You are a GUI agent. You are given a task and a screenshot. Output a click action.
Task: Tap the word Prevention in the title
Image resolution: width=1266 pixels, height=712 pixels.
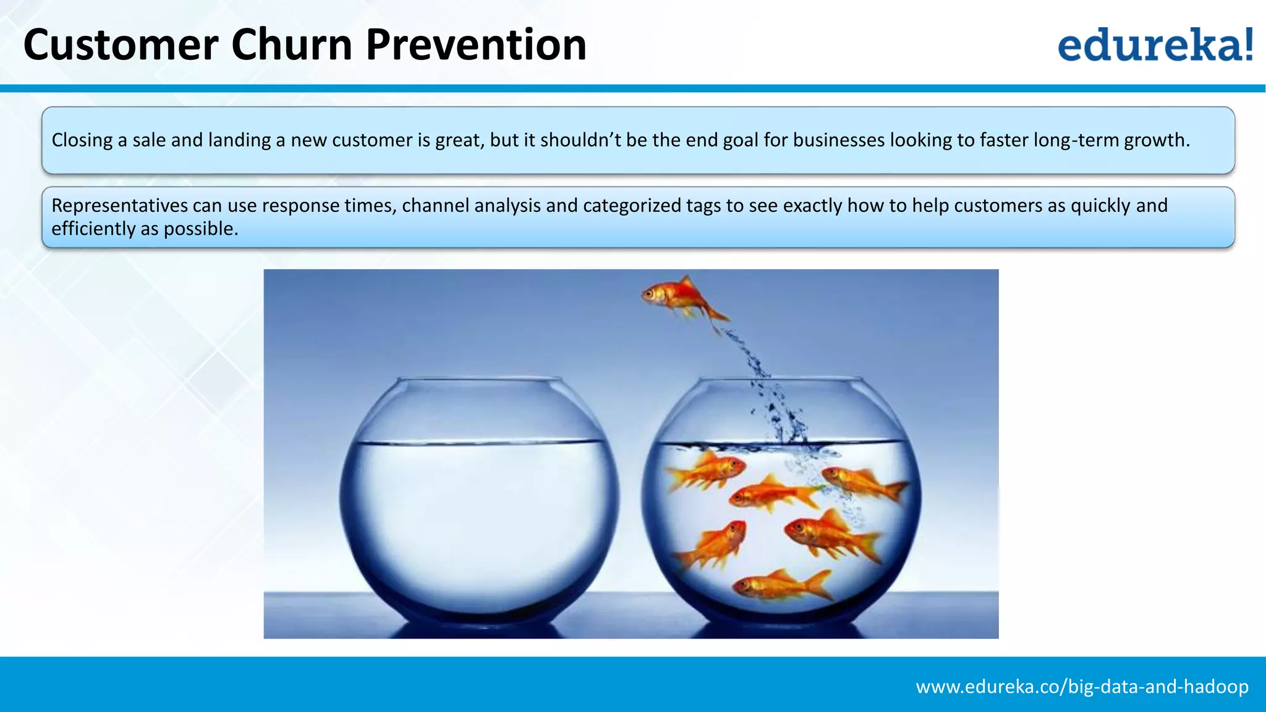[x=476, y=45]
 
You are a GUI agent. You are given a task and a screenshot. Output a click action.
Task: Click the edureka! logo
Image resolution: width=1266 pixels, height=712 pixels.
[x=1155, y=44]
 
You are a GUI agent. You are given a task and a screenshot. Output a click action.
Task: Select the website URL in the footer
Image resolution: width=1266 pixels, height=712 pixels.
[x=1082, y=687]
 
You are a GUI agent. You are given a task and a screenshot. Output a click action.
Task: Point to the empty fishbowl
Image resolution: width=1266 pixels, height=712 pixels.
[x=478, y=501]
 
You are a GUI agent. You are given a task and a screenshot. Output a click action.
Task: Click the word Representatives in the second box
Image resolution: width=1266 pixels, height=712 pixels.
[x=119, y=205]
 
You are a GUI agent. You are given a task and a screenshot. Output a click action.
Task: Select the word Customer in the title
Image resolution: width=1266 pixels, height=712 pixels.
[x=121, y=45]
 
